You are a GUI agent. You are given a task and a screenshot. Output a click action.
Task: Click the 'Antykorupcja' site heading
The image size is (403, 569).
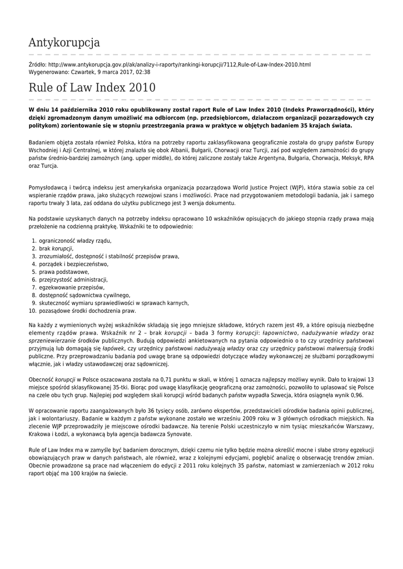64,42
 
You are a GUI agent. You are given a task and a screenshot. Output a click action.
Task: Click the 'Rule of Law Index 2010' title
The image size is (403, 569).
92,88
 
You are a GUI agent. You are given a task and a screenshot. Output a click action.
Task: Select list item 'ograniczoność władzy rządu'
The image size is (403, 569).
75,241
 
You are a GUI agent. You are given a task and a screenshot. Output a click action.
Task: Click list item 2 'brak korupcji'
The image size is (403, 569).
56,248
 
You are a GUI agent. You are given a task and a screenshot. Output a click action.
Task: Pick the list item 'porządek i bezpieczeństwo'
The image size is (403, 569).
73,264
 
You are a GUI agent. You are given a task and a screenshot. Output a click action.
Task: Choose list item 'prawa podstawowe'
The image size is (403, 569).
64,272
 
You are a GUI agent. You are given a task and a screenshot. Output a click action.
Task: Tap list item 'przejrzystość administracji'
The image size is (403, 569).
73,279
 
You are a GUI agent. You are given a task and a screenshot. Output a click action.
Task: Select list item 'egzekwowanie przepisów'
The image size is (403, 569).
72,287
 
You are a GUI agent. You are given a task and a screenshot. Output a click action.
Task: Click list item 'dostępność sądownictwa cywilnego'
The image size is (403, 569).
84,295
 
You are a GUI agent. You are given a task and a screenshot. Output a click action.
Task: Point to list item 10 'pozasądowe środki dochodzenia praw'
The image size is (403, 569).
87,311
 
